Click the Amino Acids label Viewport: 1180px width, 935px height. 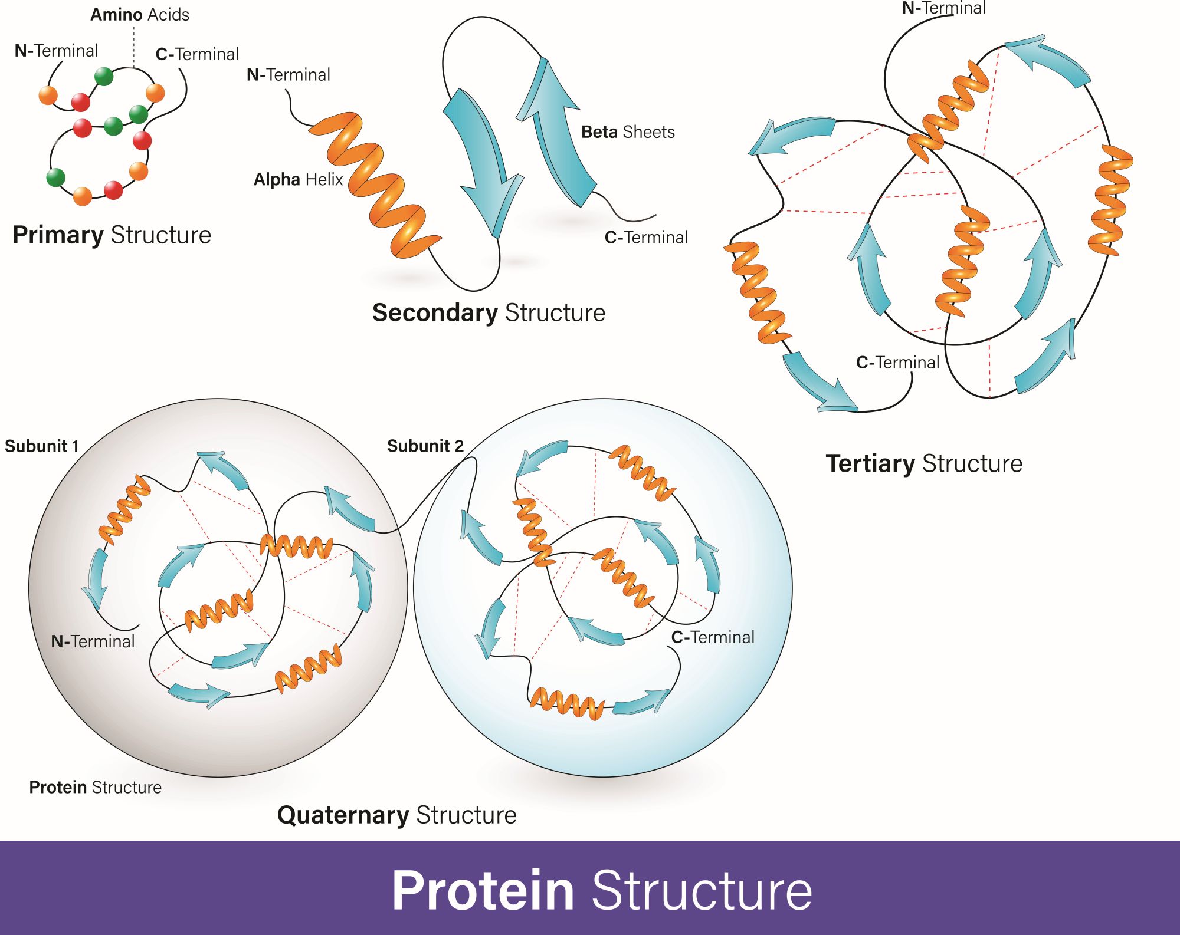(140, 15)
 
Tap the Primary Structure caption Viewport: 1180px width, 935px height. (112, 235)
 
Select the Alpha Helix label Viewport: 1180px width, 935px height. (298, 179)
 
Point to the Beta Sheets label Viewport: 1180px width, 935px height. (628, 132)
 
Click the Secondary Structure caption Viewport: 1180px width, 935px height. (489, 312)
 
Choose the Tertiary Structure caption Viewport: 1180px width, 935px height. (924, 463)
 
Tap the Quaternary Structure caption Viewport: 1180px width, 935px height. (396, 815)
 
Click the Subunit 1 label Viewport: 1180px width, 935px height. (41, 446)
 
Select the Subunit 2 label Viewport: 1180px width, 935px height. (425, 446)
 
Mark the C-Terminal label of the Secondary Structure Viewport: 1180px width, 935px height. (646, 238)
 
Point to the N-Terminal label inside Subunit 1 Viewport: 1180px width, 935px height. (93, 641)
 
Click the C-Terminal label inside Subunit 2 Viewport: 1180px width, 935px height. (713, 637)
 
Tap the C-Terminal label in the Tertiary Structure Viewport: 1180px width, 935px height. (897, 363)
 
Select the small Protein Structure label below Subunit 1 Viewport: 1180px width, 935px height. (95, 788)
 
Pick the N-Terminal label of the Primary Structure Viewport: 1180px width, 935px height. (56, 51)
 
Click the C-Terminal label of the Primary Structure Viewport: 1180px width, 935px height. (197, 54)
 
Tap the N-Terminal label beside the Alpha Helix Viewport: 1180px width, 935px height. (288, 75)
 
